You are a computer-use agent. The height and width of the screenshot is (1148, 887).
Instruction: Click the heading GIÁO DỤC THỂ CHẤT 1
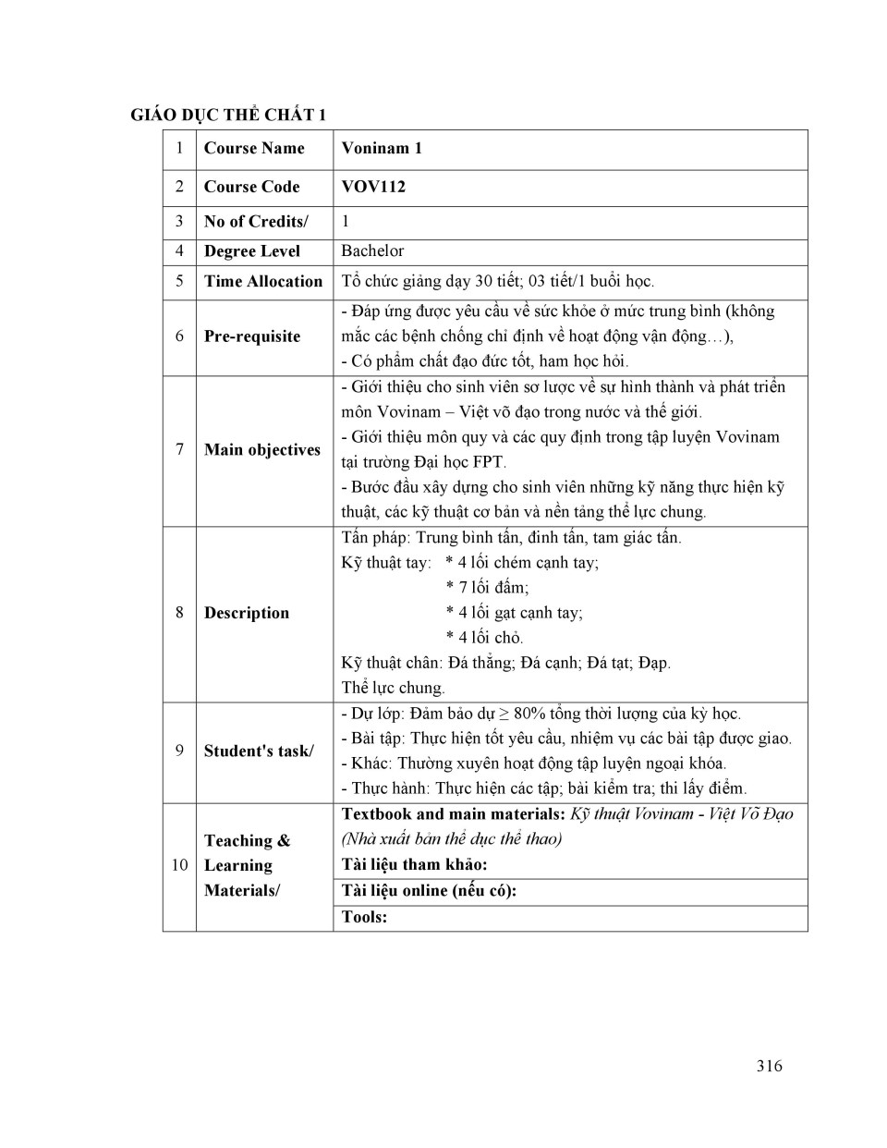click(228, 115)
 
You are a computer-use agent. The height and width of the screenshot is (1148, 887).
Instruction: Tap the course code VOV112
click(373, 187)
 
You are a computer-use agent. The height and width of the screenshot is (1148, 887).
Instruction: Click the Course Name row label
click(254, 148)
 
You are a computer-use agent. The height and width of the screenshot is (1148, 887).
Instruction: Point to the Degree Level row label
click(252, 251)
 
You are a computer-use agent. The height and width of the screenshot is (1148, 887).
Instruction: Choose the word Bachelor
click(372, 251)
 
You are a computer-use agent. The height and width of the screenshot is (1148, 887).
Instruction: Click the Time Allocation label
click(263, 282)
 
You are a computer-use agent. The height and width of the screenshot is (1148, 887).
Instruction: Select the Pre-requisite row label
click(252, 336)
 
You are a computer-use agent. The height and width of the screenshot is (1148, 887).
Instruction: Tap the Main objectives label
click(262, 450)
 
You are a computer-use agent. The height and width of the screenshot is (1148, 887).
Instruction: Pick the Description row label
click(247, 613)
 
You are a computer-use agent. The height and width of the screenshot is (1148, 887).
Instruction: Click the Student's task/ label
click(259, 751)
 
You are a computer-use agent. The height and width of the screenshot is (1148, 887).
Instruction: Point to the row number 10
click(179, 865)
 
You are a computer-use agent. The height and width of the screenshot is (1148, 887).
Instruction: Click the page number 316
click(769, 1066)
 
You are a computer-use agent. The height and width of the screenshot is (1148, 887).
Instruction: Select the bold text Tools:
click(364, 917)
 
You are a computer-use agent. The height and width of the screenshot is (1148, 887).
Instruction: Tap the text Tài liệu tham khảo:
click(414, 865)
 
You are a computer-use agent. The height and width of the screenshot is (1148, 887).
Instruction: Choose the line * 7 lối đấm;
click(487, 588)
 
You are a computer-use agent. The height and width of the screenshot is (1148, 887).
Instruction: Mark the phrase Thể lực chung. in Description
click(393, 688)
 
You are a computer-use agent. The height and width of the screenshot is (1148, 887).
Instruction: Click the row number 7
click(179, 450)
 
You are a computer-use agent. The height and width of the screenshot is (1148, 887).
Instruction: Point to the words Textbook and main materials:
click(453, 814)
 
